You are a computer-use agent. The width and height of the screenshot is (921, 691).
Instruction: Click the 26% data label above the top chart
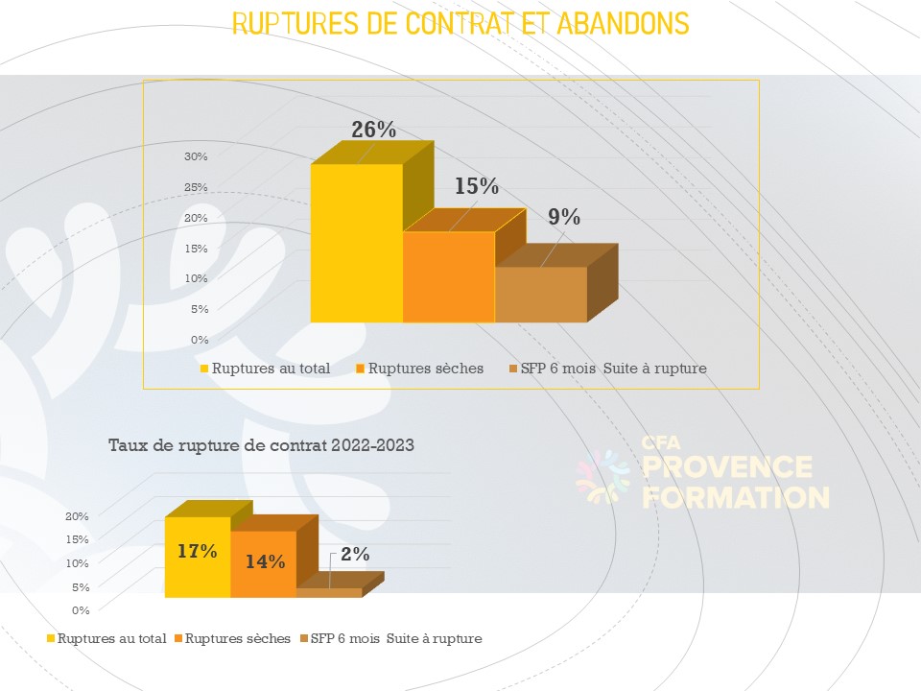[x=373, y=131]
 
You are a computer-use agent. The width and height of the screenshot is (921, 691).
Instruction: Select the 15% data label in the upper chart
[x=477, y=186]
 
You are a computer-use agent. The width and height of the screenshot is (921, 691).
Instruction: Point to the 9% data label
[x=564, y=218]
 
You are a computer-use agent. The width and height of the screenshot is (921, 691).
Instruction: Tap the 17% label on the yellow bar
[x=197, y=552]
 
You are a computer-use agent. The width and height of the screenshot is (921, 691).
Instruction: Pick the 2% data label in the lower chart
[x=354, y=554]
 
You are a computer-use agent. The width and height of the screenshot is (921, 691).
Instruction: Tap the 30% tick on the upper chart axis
[x=196, y=156]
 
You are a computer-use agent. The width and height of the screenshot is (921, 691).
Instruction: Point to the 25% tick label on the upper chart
[x=196, y=187]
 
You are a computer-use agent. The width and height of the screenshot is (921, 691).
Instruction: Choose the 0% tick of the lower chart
[x=81, y=609]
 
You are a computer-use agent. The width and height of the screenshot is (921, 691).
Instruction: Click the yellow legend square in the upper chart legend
[x=203, y=369]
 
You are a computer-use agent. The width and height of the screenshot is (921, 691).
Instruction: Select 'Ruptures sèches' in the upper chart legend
[x=426, y=369]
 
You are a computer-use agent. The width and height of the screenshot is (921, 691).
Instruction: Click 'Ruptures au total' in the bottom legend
[x=111, y=638]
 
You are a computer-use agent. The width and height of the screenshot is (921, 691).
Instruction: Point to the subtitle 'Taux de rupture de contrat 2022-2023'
[x=262, y=445]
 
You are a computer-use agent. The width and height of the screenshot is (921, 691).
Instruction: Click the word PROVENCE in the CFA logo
[x=726, y=468]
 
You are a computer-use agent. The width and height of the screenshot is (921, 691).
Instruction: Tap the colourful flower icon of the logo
[x=602, y=478]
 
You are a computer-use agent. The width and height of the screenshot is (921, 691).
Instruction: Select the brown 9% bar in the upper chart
[x=540, y=294]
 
